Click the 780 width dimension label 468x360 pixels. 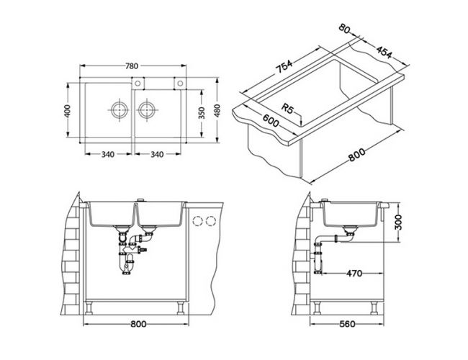click(132, 66)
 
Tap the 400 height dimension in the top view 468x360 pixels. click(68, 111)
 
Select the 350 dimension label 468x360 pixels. click(202, 113)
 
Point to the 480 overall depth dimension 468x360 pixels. click(217, 110)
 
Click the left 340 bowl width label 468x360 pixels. click(108, 154)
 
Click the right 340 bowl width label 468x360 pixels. click(157, 154)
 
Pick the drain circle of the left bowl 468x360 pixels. click(120, 110)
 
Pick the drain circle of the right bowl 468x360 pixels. click(147, 110)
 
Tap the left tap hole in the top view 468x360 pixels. click(138, 84)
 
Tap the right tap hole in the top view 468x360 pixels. click(180, 84)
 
